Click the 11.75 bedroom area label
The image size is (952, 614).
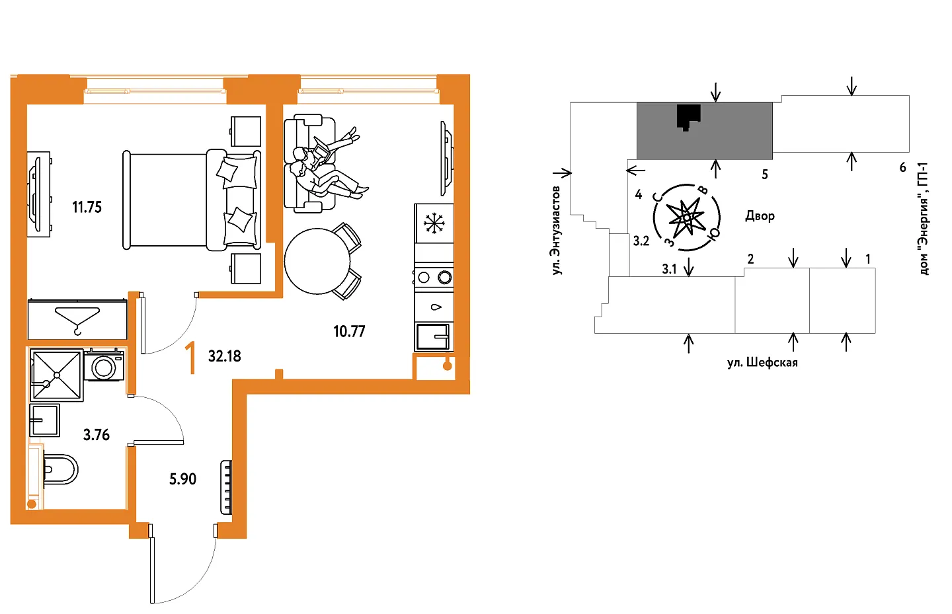click(87, 208)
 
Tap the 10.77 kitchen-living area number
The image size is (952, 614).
click(349, 332)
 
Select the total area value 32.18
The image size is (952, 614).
click(225, 356)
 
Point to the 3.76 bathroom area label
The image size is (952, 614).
click(97, 435)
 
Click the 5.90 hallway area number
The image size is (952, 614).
click(182, 479)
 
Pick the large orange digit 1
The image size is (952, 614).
click(191, 358)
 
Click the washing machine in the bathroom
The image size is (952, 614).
click(104, 366)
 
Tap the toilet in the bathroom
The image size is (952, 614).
click(60, 469)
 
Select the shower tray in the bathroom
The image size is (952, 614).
click(57, 375)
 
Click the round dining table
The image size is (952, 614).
click(317, 261)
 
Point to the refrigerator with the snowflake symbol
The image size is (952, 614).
click(434, 223)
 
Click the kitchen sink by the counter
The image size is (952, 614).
click(433, 336)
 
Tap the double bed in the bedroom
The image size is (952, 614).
click(192, 200)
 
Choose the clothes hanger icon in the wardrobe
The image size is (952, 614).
click(77, 319)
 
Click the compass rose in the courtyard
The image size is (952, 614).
click(687, 217)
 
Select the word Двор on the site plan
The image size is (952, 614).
click(760, 216)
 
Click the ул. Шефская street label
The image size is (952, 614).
click(762, 363)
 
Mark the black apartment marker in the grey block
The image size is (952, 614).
click(688, 117)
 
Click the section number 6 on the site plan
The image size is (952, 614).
click(902, 168)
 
